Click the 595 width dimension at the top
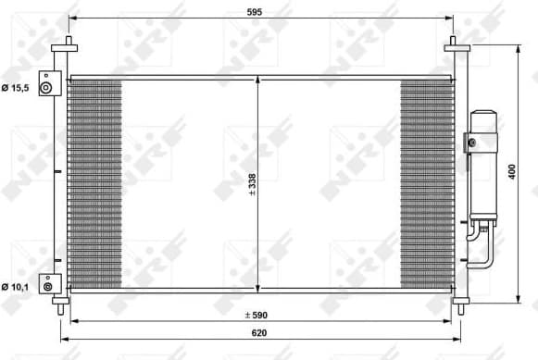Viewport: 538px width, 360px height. pyautogui.click(x=256, y=11)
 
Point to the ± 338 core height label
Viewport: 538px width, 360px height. pyautogui.click(x=252, y=185)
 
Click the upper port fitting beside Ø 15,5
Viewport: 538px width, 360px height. pyautogui.click(x=47, y=84)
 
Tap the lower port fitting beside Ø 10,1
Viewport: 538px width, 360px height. pyautogui.click(x=47, y=282)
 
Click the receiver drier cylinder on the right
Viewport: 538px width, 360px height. pyautogui.click(x=482, y=167)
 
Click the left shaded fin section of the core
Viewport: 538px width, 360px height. pyautogui.click(x=95, y=183)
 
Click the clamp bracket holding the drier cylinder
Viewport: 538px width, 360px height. pyautogui.click(x=471, y=143)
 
